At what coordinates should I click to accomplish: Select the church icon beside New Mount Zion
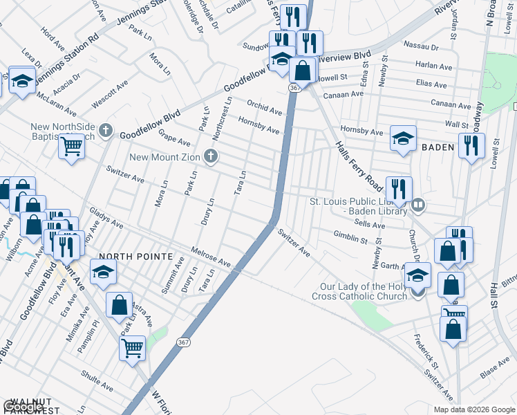point(213,157)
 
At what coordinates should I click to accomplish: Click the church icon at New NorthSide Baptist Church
point(106,129)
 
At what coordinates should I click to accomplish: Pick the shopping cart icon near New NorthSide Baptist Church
point(71,146)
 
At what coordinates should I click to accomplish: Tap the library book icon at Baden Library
point(418,205)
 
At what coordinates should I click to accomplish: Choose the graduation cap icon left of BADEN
point(403,138)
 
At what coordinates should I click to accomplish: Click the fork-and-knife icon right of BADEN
point(472,145)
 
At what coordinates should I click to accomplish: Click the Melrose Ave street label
point(210,257)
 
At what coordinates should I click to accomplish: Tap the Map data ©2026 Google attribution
point(473,409)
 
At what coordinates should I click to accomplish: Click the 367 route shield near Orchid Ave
point(295,88)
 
